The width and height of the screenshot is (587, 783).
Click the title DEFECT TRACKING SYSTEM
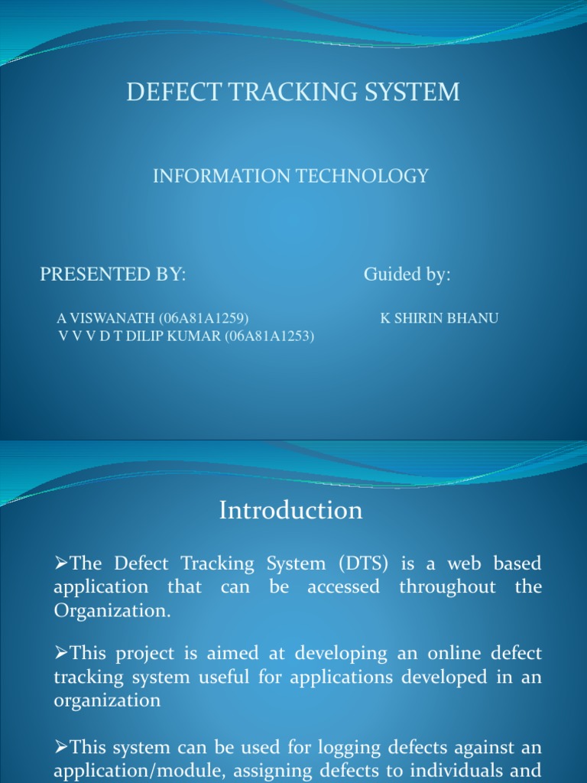click(293, 93)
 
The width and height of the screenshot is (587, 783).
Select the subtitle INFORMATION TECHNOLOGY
click(290, 177)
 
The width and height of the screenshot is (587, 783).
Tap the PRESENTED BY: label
click(113, 275)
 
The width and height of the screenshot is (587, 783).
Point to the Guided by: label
click(407, 275)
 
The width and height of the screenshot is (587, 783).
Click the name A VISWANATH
click(105, 318)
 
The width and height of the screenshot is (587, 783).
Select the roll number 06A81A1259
click(204, 318)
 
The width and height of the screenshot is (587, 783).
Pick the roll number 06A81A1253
click(269, 336)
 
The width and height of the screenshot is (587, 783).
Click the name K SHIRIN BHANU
click(439, 318)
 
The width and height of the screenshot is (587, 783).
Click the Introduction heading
click(290, 510)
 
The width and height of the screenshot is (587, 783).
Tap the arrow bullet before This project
click(61, 654)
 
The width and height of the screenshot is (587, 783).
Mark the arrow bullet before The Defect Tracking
click(61, 564)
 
